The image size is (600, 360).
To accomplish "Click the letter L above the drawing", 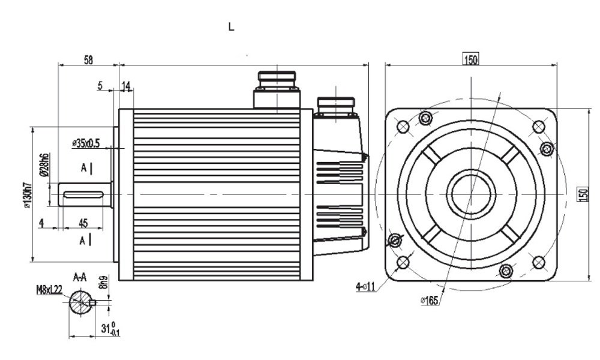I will (231, 27).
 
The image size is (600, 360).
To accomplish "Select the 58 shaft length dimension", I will (88, 59).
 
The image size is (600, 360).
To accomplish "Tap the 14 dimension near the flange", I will (126, 86).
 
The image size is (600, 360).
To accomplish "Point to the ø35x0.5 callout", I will (86, 143).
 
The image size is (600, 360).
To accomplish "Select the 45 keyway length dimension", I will (83, 223).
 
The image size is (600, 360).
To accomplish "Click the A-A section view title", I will (80, 278).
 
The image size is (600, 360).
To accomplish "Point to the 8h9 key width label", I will (104, 283).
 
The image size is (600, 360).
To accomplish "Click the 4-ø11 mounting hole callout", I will (365, 287).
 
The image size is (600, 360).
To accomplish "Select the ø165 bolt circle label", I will (428, 300).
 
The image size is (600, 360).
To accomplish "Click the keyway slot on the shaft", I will (84, 193).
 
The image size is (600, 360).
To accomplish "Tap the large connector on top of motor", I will (276, 90).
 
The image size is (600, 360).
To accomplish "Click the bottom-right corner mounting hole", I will (539, 262).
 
